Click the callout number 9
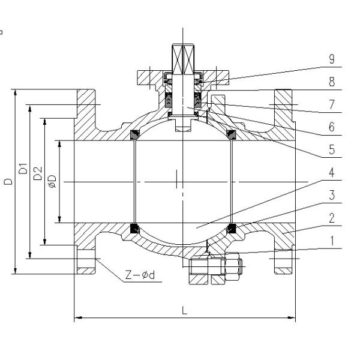click(331, 59)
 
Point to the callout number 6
click(331, 127)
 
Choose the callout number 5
click(331, 149)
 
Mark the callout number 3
click(331, 195)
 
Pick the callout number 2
click(331, 218)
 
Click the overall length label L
click(184, 311)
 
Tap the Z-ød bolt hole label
click(139, 275)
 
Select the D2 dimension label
click(38, 175)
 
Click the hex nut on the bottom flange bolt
click(233, 265)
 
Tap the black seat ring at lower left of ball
click(135, 228)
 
